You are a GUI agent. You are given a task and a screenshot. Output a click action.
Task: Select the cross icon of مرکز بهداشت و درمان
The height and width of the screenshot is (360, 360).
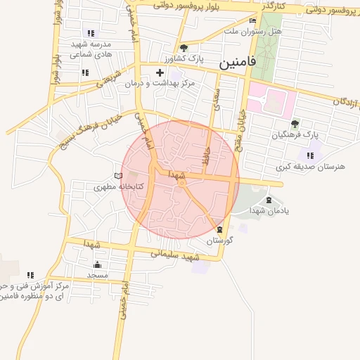tap(160, 72)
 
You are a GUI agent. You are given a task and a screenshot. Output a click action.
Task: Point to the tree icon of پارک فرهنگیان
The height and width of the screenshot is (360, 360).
tap(295, 123)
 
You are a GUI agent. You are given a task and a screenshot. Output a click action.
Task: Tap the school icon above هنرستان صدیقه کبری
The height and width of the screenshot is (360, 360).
tap(310, 155)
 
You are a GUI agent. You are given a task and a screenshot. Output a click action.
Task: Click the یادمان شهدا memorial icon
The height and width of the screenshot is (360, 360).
tap(269, 200)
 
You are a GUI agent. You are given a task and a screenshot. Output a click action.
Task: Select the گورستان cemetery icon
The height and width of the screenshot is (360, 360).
tap(220, 229)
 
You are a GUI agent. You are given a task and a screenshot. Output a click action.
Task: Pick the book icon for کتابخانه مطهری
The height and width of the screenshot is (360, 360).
tap(118, 176)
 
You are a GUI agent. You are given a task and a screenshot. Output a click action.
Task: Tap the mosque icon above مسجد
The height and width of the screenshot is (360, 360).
tap(97, 265)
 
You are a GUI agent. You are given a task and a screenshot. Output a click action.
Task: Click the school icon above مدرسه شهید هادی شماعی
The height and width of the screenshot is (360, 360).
tap(90, 33)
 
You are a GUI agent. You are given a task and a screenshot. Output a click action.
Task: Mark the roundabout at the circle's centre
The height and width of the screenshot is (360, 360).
tap(181, 183)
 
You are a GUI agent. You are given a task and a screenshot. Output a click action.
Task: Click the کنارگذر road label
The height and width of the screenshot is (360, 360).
tap(271, 6)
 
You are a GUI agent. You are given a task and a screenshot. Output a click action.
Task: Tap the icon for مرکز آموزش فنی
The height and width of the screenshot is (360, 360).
tap(30, 275)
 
